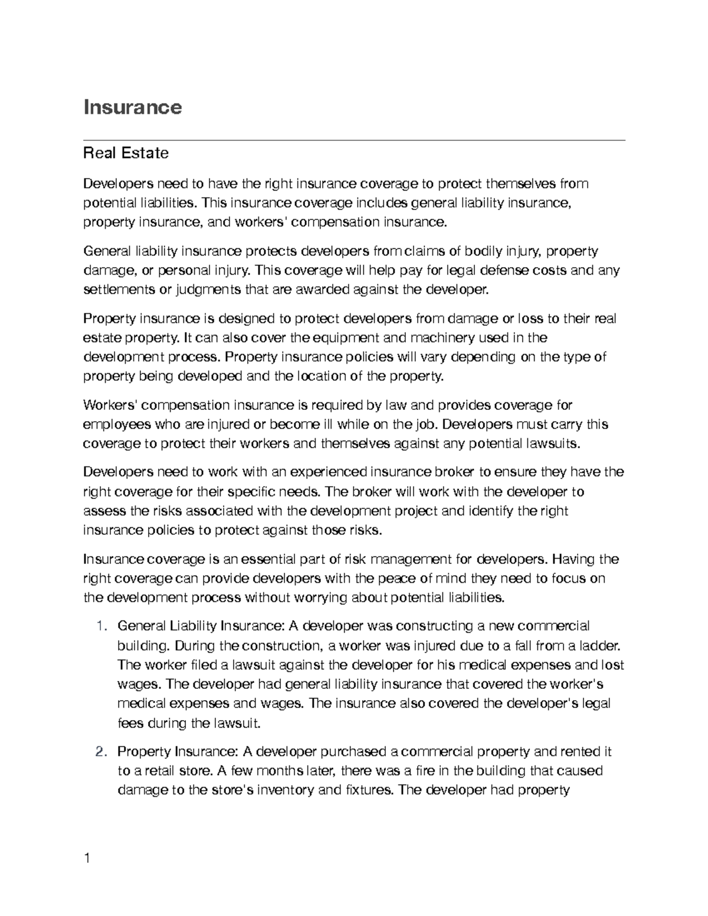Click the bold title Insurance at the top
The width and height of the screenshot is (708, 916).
[133, 107]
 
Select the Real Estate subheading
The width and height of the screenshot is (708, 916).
[126, 153]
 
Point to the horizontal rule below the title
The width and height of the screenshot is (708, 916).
[354, 140]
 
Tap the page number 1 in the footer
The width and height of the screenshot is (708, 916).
[87, 858]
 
